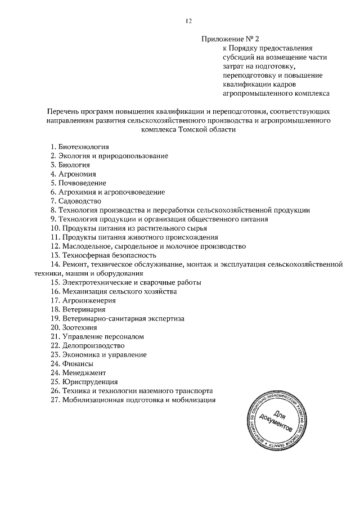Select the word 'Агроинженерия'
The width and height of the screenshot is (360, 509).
88,300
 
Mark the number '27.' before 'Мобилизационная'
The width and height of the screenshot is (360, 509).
55,400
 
